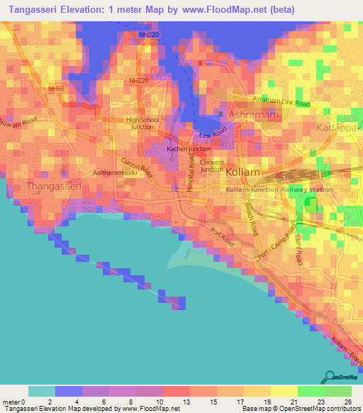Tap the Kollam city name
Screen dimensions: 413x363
242,172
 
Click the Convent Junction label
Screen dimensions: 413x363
212,165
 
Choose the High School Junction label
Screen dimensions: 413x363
142,123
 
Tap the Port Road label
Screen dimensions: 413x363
222,236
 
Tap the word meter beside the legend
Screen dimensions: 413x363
11,402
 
